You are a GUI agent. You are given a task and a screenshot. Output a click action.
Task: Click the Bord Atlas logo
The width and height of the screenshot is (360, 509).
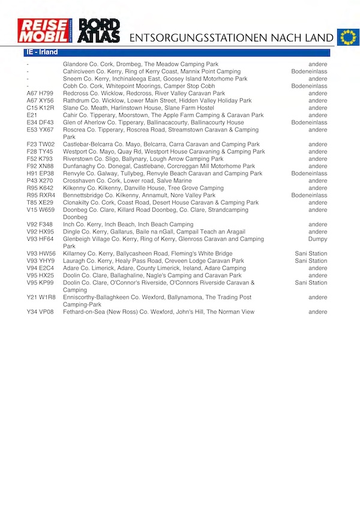[99, 31]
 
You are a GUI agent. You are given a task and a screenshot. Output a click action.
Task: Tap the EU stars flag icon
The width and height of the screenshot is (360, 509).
[347, 37]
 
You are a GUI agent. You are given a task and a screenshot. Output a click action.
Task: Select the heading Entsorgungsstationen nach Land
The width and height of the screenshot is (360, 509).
[231, 38]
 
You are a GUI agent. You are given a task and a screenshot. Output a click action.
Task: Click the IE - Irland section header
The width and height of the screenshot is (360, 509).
[42, 53]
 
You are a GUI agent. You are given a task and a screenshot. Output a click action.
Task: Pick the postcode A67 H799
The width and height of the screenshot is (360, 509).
[40, 94]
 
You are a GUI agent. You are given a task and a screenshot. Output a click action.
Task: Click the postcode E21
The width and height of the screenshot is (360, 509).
[32, 115]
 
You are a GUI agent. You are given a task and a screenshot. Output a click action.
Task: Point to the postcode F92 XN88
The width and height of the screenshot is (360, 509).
[40, 166]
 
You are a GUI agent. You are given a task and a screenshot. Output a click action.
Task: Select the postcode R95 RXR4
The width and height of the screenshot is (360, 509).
[41, 195]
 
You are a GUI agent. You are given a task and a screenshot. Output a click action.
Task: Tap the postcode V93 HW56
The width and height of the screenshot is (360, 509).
[41, 254]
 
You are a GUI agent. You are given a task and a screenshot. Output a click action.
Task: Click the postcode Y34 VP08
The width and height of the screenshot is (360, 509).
[40, 312]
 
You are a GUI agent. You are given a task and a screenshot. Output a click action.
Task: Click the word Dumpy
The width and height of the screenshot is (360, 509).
[317, 239]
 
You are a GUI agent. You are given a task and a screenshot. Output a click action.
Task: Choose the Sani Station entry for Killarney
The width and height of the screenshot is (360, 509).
[311, 254]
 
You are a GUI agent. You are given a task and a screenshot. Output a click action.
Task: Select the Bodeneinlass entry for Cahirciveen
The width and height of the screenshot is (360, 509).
[309, 71]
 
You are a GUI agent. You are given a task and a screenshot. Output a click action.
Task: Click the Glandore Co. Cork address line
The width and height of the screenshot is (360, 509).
[140, 64]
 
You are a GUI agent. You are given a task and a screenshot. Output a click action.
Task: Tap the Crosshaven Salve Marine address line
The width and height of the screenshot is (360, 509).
[127, 181]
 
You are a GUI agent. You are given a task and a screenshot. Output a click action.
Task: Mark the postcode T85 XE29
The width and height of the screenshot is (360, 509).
[40, 203]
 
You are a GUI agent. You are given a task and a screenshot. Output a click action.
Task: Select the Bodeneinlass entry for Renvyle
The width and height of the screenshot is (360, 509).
[309, 173]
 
